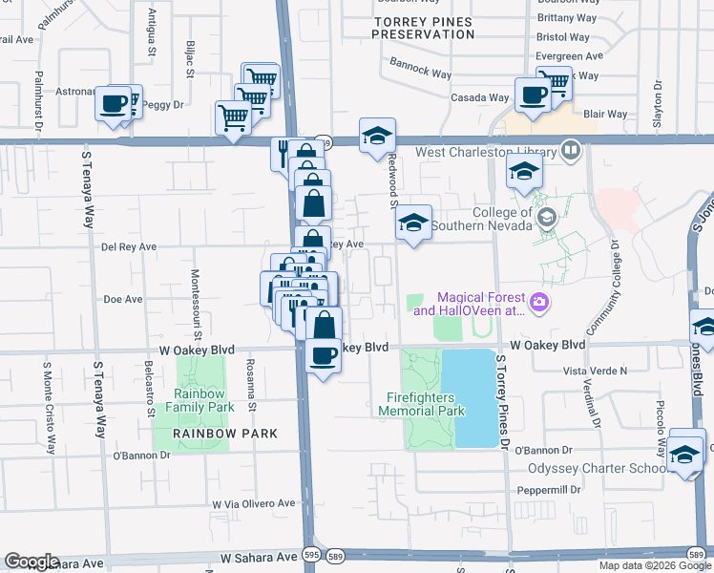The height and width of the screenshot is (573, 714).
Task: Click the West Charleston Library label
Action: coord(485,152)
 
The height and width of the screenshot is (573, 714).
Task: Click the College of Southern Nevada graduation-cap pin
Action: coord(546,218)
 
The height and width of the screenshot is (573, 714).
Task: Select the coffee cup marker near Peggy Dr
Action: coord(113,102)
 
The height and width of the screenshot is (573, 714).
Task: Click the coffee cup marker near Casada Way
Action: coord(533,95)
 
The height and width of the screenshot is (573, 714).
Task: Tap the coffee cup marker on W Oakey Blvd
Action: coord(324,355)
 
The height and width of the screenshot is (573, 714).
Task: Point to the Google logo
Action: coord(31,562)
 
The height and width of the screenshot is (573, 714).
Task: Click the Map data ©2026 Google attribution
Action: coord(656,565)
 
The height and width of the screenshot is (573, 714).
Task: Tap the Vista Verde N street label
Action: coord(596,371)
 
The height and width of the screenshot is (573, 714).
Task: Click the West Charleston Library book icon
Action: coord(571,150)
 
